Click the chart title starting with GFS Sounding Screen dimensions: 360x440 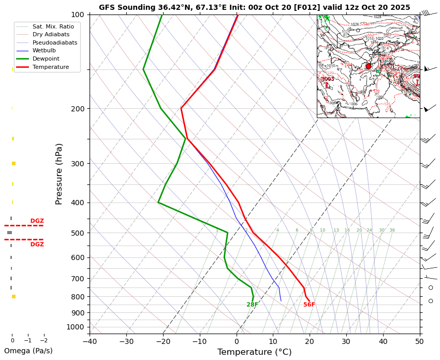coord(254,7)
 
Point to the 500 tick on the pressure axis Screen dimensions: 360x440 coord(78,233)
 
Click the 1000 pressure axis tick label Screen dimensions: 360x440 coord(76,327)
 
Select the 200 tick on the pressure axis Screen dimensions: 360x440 coord(78,109)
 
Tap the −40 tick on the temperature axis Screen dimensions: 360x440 coord(90,341)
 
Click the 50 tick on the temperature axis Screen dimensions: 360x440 coord(419,341)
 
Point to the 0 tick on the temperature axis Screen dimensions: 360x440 coord(237,341)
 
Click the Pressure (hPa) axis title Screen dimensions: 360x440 coord(59,174)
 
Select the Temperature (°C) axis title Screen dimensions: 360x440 coord(254,352)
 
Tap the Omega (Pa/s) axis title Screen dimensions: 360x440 coord(28,351)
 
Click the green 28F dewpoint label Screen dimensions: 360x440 coord(252,305)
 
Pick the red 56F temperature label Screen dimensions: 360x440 coord(309,305)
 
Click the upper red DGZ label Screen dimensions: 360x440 coord(37,221)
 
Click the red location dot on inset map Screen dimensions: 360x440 coord(369,66)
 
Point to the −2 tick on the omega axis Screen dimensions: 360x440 coord(44,341)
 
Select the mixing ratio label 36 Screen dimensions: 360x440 coord(392,231)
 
